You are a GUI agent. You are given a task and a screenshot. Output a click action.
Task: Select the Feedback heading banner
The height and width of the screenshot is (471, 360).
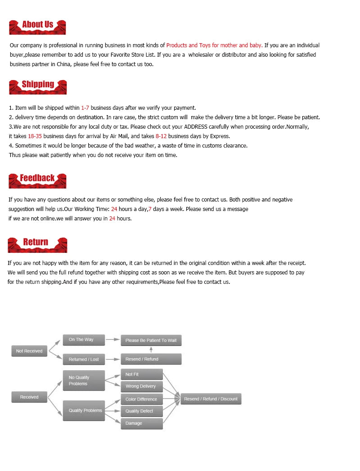37,179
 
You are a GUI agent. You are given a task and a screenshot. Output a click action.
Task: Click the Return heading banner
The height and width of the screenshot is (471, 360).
37,244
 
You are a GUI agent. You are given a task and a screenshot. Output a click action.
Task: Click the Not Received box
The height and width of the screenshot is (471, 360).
29,351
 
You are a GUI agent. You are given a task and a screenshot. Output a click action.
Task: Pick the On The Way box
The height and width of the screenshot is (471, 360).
84,340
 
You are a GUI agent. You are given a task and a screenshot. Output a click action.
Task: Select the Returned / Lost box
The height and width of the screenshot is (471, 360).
84,359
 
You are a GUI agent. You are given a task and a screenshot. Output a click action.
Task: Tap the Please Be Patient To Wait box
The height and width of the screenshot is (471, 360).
151,340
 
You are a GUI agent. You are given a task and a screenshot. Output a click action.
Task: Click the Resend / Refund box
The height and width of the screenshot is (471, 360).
151,359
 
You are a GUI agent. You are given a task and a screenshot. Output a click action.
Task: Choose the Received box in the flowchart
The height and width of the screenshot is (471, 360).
29,397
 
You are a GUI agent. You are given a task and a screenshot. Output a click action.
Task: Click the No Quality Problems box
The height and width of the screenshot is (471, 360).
84,381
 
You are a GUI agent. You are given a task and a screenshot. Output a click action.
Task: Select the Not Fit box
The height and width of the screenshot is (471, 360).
142,374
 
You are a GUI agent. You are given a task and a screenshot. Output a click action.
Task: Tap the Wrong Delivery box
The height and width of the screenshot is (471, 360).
142,386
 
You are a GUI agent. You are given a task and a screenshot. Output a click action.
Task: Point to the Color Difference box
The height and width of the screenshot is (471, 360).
142,399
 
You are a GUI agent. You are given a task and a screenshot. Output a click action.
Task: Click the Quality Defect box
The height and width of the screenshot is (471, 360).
142,411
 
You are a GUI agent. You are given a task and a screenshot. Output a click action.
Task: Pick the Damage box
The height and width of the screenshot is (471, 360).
142,423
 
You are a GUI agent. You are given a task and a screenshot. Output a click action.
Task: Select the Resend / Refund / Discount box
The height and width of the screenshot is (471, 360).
211,399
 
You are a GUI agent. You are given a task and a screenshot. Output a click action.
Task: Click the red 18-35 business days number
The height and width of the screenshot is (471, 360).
35,136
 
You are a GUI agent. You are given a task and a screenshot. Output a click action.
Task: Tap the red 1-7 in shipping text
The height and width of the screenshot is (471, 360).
85,108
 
